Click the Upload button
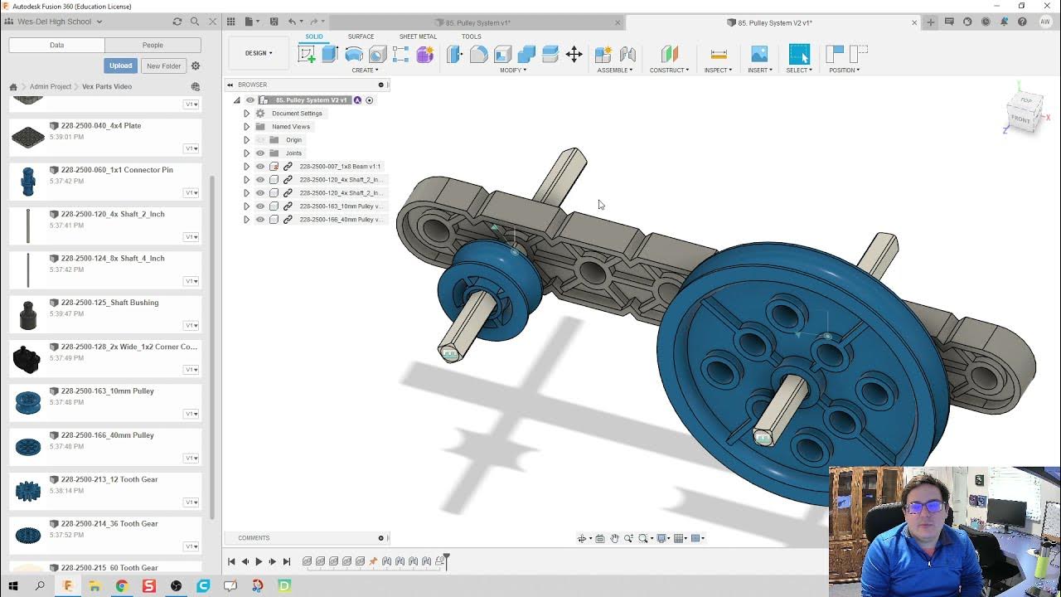pyautogui.click(x=120, y=66)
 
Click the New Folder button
pyautogui.click(x=163, y=66)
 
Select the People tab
pyautogui.click(x=153, y=45)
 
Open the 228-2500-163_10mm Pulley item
pyautogui.click(x=107, y=391)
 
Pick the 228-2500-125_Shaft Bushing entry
pyautogui.click(x=109, y=303)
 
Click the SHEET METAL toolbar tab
pyautogui.click(x=418, y=36)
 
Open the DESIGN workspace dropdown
pyautogui.click(x=259, y=53)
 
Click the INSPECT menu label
pyautogui.click(x=718, y=70)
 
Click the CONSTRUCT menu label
pyautogui.click(x=669, y=70)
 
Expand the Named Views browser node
pyautogui.click(x=246, y=127)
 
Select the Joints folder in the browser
pyautogui.click(x=293, y=153)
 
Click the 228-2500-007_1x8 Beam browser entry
pyautogui.click(x=339, y=167)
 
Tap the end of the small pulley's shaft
pyautogui.click(x=450, y=354)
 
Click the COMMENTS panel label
pyautogui.click(x=254, y=538)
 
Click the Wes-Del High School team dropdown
pyautogui.click(x=59, y=22)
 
